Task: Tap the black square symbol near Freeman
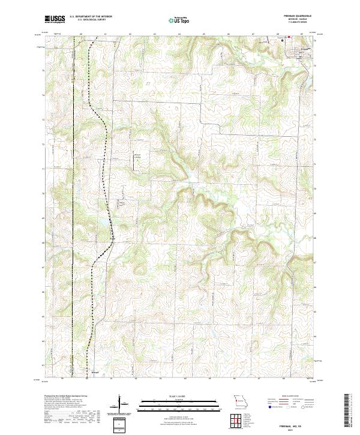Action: click(x=284, y=41)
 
